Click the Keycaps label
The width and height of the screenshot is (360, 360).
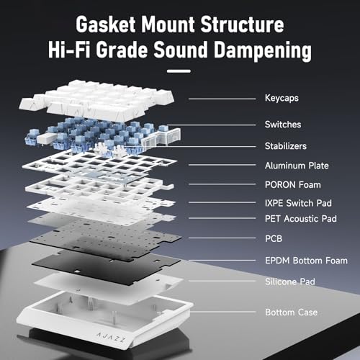click(x=282, y=98)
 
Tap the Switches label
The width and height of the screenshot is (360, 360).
click(x=283, y=125)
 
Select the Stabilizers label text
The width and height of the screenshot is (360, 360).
click(x=286, y=146)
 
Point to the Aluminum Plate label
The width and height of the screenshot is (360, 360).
click(x=297, y=166)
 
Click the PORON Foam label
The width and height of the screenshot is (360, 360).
click(x=293, y=185)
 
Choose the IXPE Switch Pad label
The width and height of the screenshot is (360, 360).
click(x=298, y=203)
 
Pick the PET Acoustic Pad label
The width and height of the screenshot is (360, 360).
click(x=301, y=219)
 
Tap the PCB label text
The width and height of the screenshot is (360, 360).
click(x=274, y=238)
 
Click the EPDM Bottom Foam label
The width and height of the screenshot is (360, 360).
click(x=306, y=261)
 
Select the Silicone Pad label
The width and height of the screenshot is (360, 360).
click(x=290, y=282)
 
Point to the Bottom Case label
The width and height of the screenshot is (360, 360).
click(x=291, y=312)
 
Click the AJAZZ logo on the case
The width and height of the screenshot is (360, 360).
click(x=111, y=337)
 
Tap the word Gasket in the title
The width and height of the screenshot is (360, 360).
click(x=106, y=24)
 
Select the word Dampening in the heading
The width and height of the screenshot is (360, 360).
click(x=263, y=50)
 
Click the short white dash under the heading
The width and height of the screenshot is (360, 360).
click(x=179, y=71)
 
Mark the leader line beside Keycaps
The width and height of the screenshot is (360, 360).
click(x=222, y=99)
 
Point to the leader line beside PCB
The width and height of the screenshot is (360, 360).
click(x=222, y=238)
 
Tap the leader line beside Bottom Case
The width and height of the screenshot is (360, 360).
click(x=222, y=312)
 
